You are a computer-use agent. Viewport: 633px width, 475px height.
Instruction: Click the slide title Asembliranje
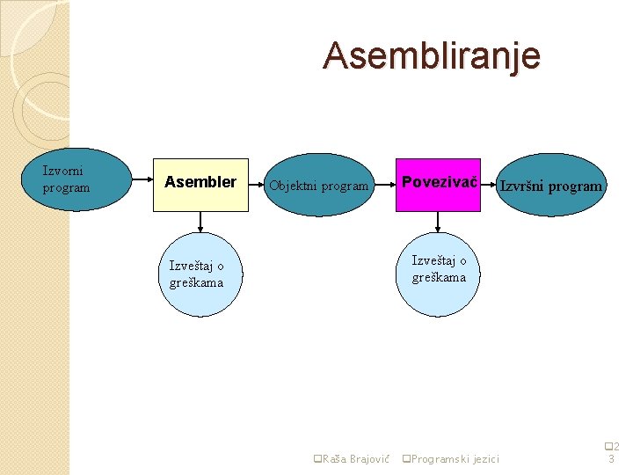(x=431, y=55)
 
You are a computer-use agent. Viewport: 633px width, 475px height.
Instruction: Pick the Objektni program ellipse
(x=319, y=186)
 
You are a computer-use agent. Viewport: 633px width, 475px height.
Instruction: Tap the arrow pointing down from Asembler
(x=200, y=222)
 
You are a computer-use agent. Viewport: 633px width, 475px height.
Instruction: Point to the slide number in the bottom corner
(x=612, y=452)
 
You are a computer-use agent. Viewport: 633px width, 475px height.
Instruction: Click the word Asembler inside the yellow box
(x=200, y=182)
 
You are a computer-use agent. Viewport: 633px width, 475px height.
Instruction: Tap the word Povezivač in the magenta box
(x=439, y=182)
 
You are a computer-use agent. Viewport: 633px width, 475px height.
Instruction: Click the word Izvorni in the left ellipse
(x=62, y=172)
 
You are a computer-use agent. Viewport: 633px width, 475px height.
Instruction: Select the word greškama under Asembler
(x=196, y=282)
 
